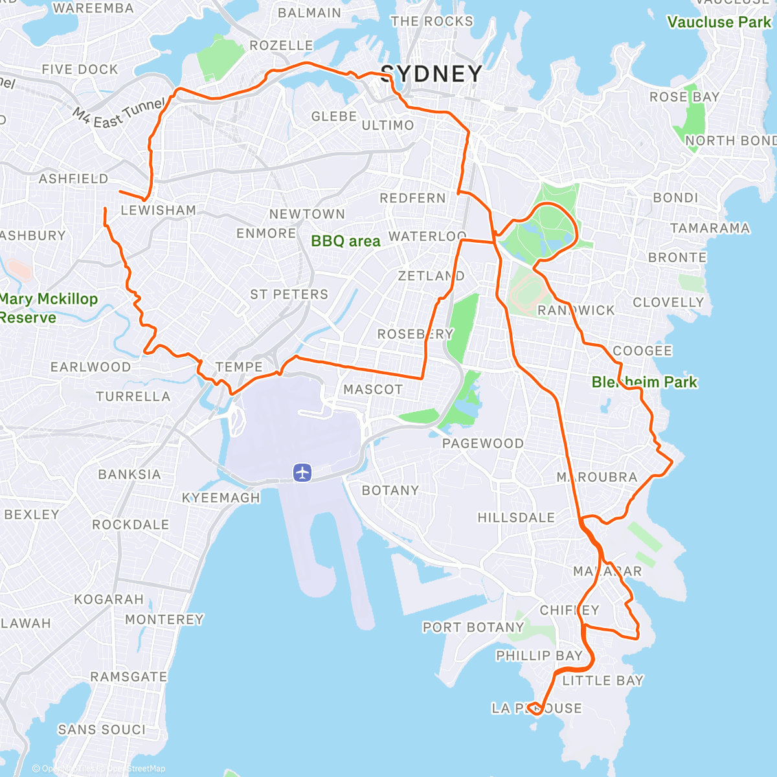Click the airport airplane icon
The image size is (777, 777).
coord(302,473)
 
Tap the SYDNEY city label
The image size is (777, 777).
coord(431,74)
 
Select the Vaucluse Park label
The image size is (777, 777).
coord(719,23)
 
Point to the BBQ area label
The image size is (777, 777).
coord(346,242)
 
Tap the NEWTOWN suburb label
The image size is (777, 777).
coord(307,214)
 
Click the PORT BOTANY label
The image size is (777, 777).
coord(473,627)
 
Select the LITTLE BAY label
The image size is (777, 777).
coord(603,681)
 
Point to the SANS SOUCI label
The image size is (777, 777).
coord(102,730)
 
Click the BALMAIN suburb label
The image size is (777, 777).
coord(310,13)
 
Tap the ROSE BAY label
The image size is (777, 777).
coord(684,97)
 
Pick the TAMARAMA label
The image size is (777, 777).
coord(710,229)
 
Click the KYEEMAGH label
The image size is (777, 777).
coord(221,498)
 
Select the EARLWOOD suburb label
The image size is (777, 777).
coord(91,367)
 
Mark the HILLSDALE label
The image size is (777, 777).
coord(516,518)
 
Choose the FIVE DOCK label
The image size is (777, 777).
coord(80,69)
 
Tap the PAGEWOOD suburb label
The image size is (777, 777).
coord(483,444)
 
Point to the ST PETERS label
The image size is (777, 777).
coord(289,295)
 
